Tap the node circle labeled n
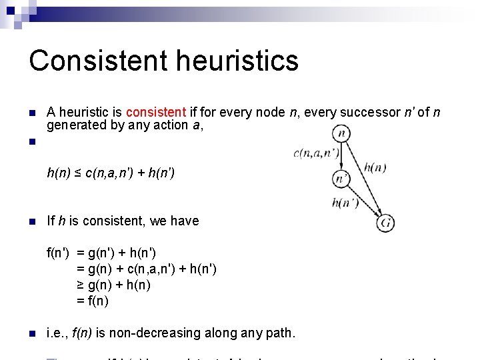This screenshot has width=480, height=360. pyautogui.click(x=341, y=133)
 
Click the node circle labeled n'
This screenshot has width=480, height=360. pyautogui.click(x=341, y=179)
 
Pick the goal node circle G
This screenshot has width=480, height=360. pyautogui.click(x=385, y=223)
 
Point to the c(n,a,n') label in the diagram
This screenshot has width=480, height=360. pyautogui.click(x=316, y=153)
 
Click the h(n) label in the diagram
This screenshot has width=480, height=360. pyautogui.click(x=375, y=167)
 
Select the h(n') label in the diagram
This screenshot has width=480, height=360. pyautogui.click(x=345, y=203)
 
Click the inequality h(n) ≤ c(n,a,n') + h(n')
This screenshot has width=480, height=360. pyautogui.click(x=111, y=174)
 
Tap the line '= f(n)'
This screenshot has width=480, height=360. pyautogui.click(x=93, y=301)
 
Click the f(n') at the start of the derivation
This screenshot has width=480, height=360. pyautogui.click(x=59, y=253)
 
